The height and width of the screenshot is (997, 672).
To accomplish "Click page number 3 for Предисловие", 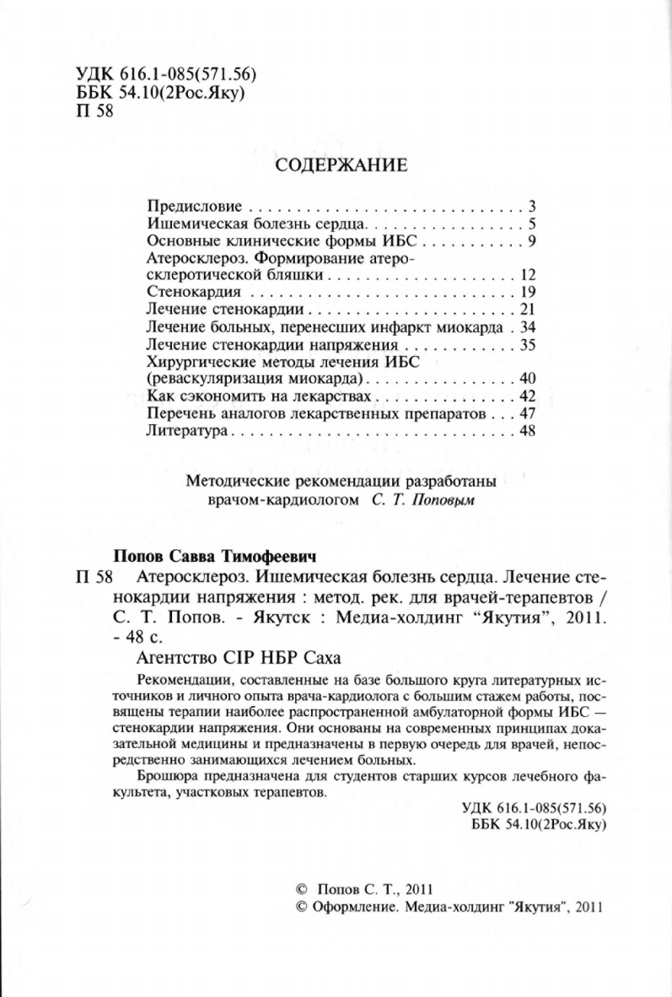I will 533,207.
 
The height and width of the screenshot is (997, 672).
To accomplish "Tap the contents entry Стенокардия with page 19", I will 183,293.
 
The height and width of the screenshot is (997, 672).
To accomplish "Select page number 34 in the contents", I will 530,327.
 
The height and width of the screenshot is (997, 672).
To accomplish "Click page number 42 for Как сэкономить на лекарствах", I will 530,396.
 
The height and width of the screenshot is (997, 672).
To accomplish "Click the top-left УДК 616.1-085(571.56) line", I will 153,74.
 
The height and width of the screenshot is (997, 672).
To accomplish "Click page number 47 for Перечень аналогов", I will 530,414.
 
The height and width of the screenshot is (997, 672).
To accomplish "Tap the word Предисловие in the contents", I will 195,207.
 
